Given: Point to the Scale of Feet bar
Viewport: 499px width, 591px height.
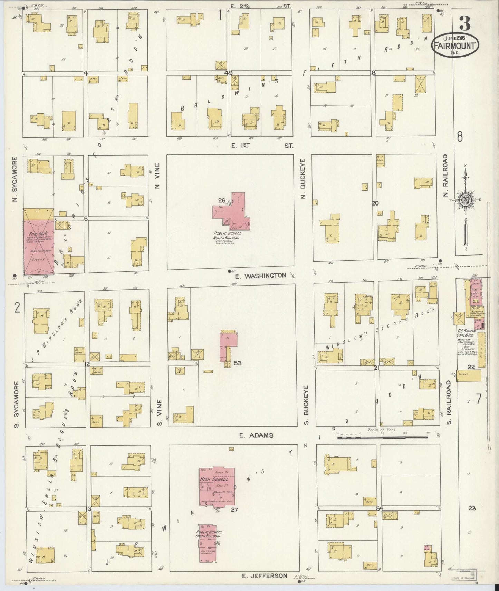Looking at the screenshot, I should click(x=382, y=437).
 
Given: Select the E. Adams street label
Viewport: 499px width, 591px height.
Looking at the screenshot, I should click(x=256, y=435).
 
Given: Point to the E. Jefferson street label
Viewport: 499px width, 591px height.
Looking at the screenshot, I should click(x=263, y=575).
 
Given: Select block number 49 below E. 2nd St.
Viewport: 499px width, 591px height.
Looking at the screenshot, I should click(x=228, y=73).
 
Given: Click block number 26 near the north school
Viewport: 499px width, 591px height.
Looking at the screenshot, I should click(x=222, y=200).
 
